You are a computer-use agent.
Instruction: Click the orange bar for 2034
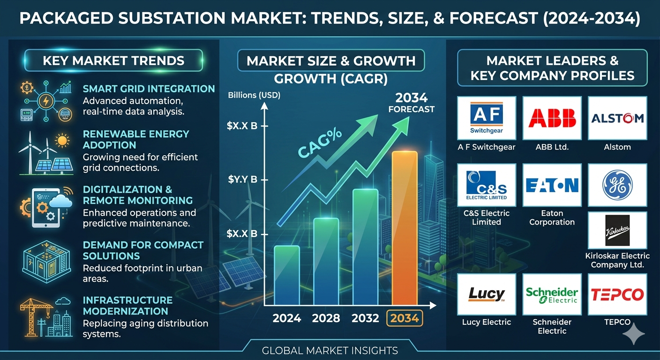point(405,228)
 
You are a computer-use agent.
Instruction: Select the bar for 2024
point(287,275)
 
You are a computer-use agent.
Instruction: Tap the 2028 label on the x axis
point(326,318)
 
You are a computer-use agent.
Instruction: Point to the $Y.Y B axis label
point(242,179)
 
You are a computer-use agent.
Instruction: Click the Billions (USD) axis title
point(254,95)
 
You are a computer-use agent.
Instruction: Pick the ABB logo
point(552,118)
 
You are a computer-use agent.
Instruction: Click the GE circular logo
point(617,185)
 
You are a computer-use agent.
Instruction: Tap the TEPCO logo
point(617,294)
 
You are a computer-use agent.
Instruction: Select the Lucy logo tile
point(487,294)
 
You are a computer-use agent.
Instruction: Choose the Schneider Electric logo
point(552,295)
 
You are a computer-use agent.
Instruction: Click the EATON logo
point(552,185)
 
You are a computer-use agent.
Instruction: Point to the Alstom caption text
point(617,147)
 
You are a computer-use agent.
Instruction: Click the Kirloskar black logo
point(617,230)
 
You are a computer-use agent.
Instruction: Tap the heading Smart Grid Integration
point(149,89)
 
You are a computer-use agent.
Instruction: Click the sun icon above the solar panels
point(62,140)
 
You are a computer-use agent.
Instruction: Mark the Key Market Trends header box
point(114,60)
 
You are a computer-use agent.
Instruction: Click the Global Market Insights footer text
point(330,351)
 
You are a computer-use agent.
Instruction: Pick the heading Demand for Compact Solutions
point(143,250)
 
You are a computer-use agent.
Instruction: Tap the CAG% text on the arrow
point(320,142)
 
